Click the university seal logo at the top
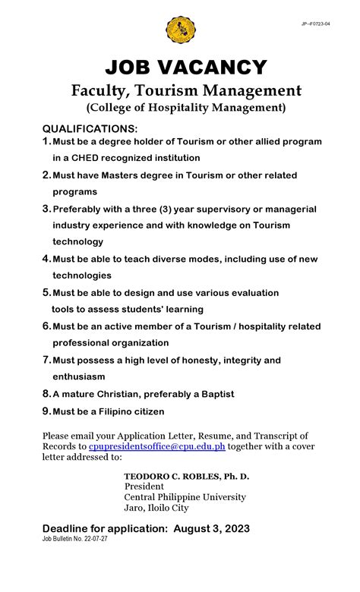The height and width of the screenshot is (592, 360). (180, 30)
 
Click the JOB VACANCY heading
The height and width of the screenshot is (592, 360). (186, 68)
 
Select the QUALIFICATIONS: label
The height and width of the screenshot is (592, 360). (90, 128)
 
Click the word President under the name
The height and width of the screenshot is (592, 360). (144, 487)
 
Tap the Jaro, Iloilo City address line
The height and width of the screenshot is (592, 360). (156, 508)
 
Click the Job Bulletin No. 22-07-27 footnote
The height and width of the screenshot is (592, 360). (76, 539)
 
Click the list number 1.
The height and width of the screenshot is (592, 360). (46, 142)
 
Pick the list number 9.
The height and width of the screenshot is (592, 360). (46, 411)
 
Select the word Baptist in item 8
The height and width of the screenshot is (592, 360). (214, 394)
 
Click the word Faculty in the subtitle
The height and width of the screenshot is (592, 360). (98, 90)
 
